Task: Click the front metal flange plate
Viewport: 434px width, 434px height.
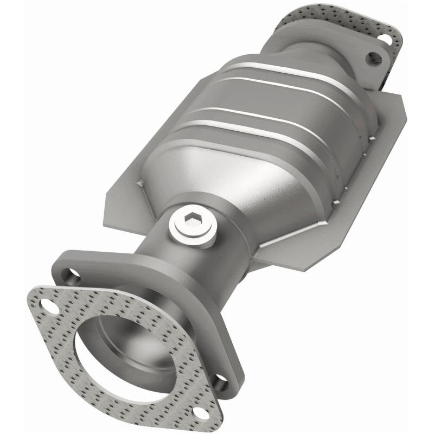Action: [108, 266]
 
